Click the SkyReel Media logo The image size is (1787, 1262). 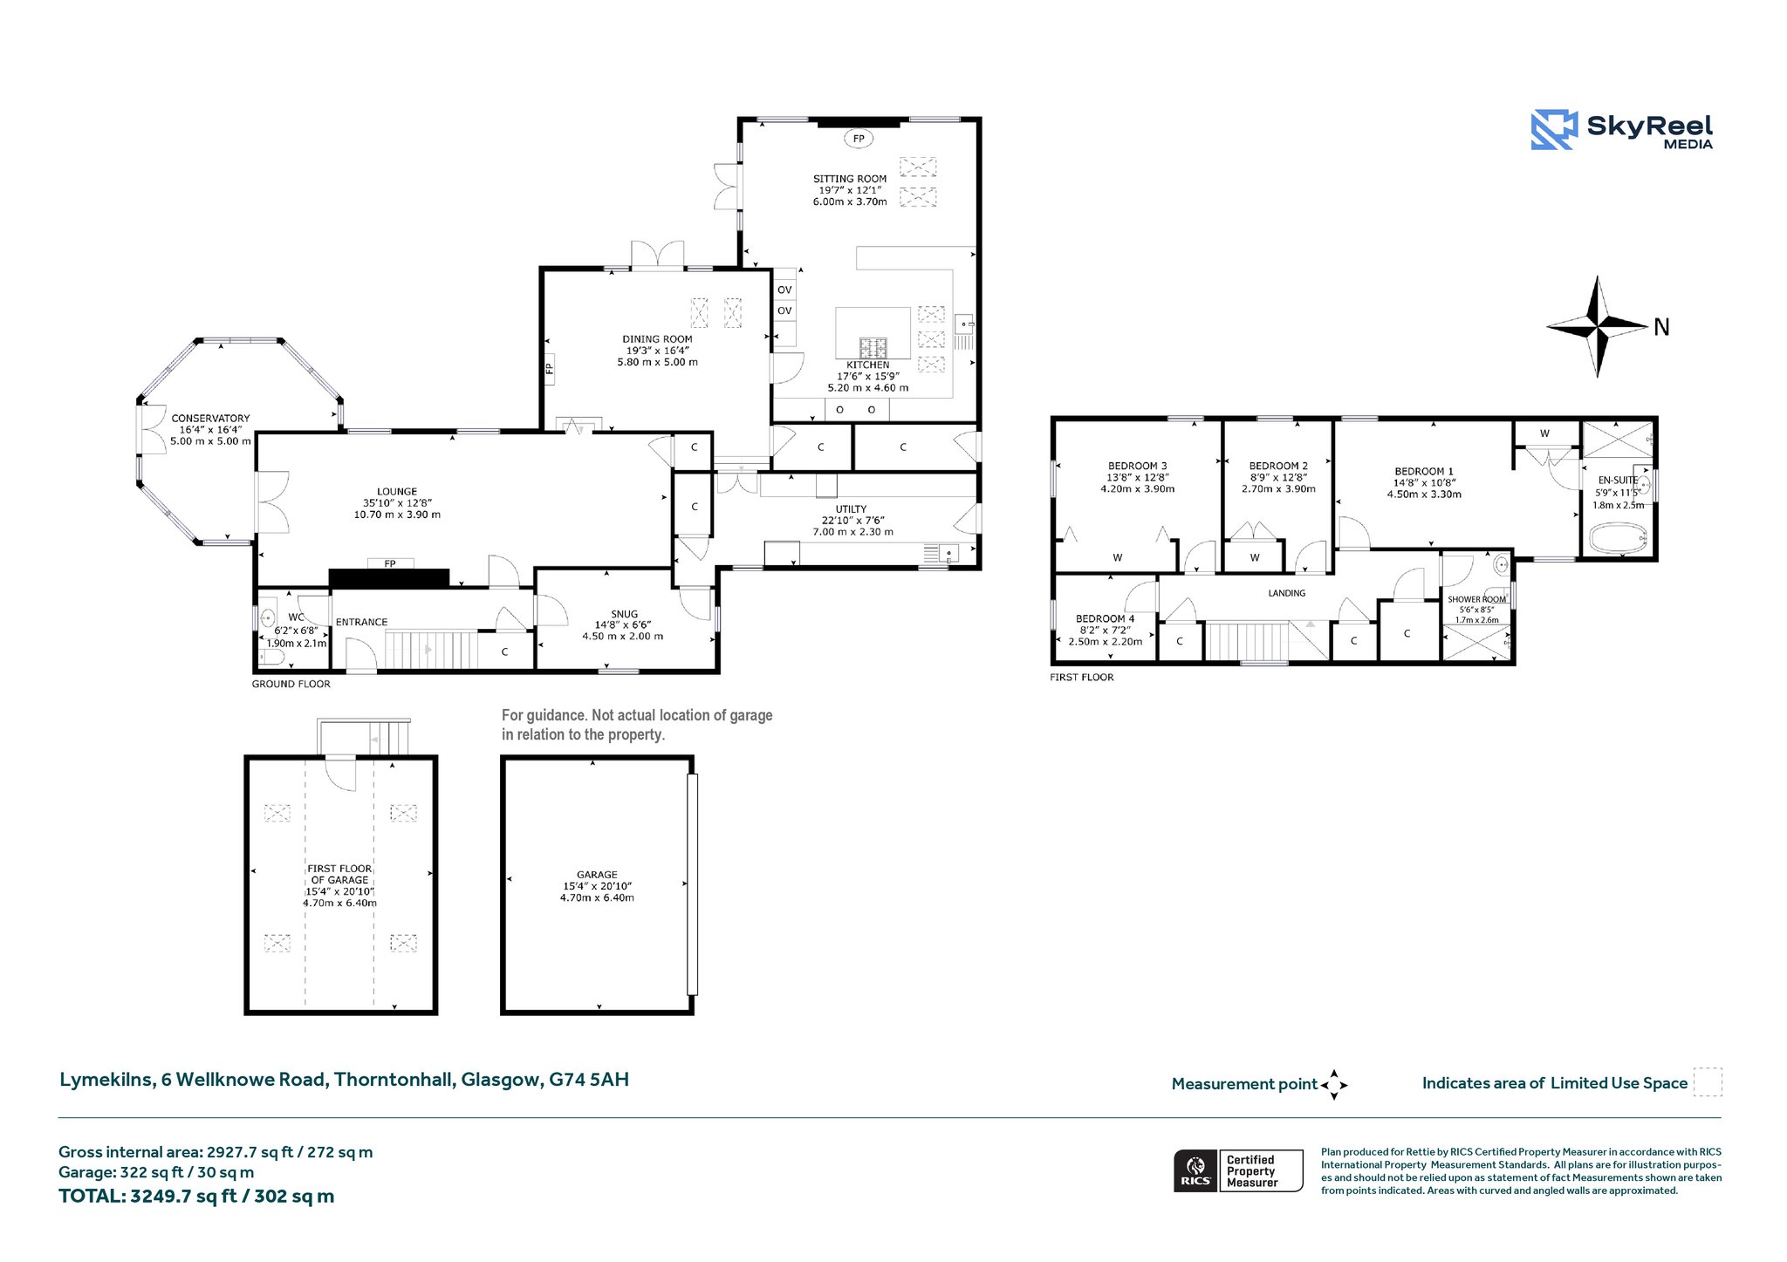[1622, 130]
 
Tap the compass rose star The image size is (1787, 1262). [1597, 327]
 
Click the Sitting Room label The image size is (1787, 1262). [850, 179]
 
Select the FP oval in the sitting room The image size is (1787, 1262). [859, 139]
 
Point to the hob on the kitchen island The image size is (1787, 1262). [873, 348]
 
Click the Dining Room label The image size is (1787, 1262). [657, 339]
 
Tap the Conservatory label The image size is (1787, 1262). [210, 419]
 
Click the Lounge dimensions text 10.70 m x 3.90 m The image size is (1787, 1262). [397, 515]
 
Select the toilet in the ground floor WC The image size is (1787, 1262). [271, 656]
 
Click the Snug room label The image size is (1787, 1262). [625, 614]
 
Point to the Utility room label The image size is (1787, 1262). [851, 509]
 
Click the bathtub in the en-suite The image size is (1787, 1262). [1619, 536]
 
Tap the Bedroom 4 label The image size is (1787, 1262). [1105, 618]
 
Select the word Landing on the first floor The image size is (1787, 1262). [1287, 593]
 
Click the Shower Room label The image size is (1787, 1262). [1476, 599]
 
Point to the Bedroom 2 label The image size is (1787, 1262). [1278, 467]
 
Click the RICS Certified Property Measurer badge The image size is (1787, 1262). [1238, 1170]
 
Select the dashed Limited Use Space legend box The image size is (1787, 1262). [1708, 1082]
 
